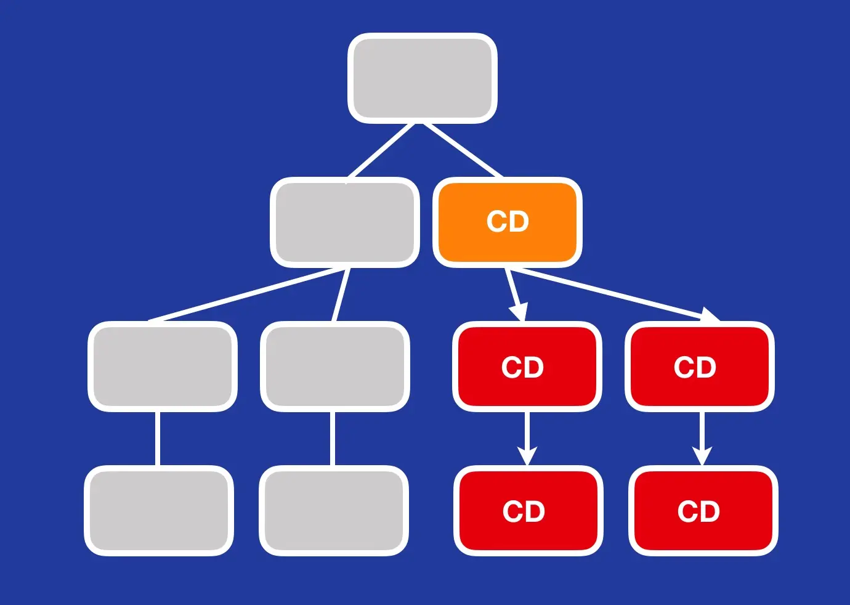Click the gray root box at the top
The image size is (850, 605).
click(423, 78)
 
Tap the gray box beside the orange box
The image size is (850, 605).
click(345, 222)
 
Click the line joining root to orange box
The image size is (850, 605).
click(463, 150)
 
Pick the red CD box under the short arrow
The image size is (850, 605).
click(527, 367)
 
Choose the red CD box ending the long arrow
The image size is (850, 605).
click(700, 367)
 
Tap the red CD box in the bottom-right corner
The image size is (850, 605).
click(703, 511)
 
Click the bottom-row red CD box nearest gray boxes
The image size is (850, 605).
click(528, 511)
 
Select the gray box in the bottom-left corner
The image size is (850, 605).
click(159, 511)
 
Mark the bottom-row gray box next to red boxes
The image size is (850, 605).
click(334, 511)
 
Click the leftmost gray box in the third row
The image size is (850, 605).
click(163, 367)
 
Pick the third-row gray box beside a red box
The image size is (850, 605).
click(335, 367)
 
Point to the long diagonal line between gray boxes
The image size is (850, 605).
click(246, 294)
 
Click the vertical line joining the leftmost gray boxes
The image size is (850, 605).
click(158, 438)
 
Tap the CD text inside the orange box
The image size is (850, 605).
click(508, 222)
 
